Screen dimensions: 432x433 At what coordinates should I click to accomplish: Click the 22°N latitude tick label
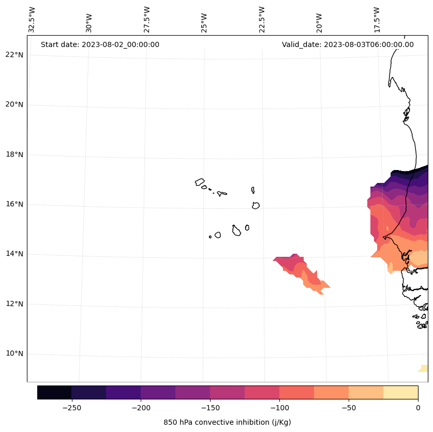[14, 55]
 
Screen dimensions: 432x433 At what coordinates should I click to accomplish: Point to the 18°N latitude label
[14, 155]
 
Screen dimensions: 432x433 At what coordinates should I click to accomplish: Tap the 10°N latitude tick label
[14, 354]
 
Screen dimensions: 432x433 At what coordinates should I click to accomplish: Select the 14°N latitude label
[14, 254]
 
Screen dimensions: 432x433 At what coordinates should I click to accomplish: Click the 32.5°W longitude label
[32, 20]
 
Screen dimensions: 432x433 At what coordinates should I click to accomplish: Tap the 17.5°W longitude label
[377, 20]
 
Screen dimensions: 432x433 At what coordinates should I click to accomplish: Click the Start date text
[100, 44]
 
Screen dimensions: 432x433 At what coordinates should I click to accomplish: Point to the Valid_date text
[348, 44]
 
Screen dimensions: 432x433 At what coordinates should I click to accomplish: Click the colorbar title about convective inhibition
[227, 422]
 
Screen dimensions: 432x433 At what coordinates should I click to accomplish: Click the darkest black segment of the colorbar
[54, 392]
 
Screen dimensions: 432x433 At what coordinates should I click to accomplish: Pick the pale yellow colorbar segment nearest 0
[400, 392]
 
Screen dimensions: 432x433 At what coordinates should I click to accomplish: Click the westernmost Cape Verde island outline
[200, 182]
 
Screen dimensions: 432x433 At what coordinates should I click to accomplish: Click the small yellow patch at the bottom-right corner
[424, 368]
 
